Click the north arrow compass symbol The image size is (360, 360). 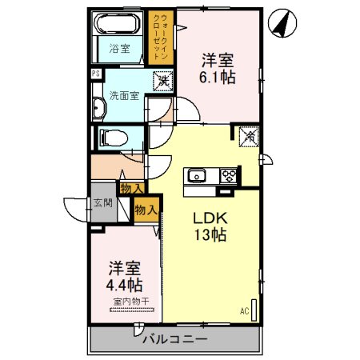(281, 22)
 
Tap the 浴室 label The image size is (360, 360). (120, 48)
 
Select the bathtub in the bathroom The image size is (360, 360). (120, 27)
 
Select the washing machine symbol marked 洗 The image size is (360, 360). (162, 81)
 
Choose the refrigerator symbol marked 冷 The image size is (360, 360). (247, 137)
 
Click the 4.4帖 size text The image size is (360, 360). (124, 285)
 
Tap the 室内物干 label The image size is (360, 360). (125, 302)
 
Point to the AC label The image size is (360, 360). (244, 310)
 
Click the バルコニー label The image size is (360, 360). (173, 339)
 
